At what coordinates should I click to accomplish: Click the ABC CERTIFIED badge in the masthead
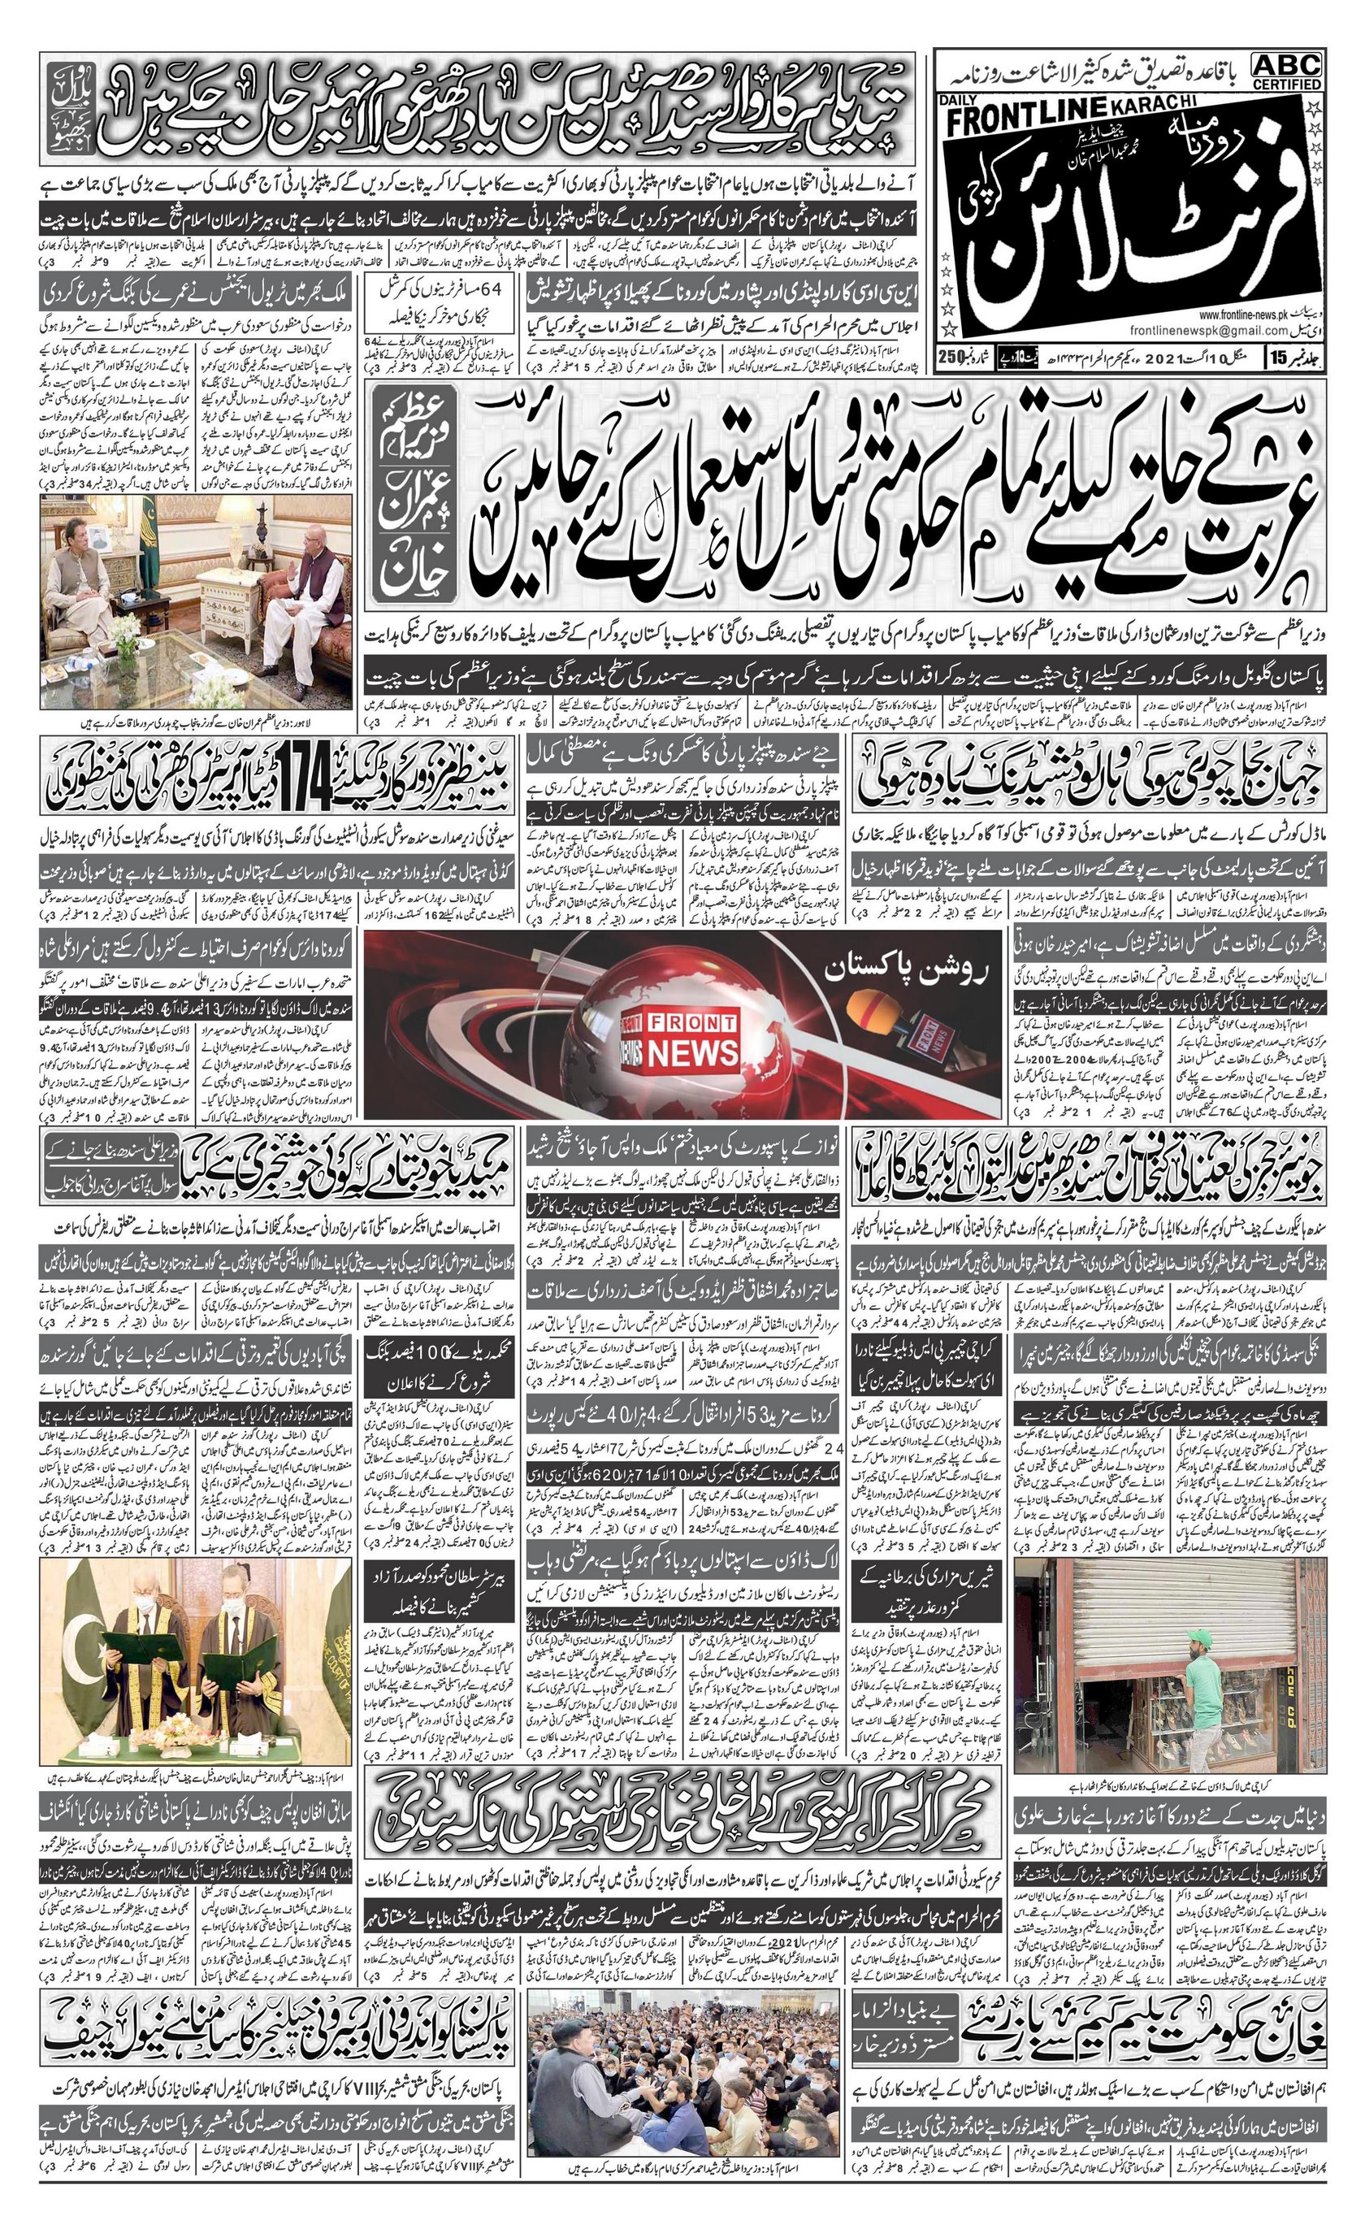(1286, 71)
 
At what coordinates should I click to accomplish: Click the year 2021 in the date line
(1127, 357)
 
